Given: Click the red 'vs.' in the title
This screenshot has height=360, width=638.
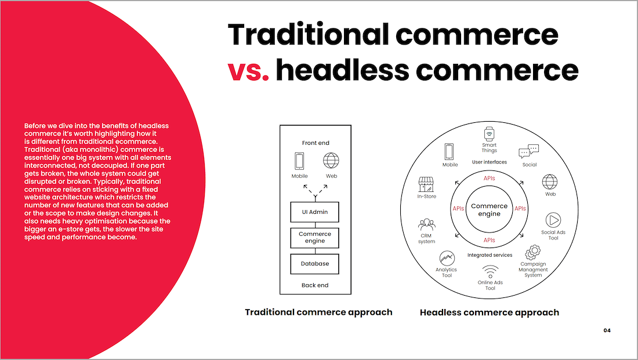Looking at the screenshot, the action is [x=248, y=70].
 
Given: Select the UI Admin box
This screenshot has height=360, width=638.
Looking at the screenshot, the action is [x=314, y=212].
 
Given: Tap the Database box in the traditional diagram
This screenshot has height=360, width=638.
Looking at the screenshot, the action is [x=314, y=264].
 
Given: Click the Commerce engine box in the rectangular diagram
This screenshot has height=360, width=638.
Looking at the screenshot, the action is [x=314, y=238].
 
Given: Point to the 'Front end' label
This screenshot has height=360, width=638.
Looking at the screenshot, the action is [x=316, y=143].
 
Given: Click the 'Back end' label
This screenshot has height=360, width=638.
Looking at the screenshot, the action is [x=315, y=285].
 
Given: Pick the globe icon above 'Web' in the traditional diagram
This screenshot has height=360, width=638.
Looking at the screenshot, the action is [x=331, y=160].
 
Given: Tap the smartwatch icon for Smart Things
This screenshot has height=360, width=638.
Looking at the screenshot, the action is [x=489, y=134].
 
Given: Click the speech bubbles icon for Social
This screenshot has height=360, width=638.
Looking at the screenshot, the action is [x=528, y=151].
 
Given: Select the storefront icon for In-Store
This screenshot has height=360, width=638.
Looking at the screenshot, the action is [x=426, y=184].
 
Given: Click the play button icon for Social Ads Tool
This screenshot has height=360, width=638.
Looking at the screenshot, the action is [x=553, y=220].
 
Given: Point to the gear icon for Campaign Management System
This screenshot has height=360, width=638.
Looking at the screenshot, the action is [x=532, y=252].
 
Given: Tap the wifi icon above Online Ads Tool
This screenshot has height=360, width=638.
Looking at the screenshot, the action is [x=490, y=271].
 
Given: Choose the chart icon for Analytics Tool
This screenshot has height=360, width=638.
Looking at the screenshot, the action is [x=447, y=259].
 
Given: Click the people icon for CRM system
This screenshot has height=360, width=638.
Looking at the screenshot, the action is [x=426, y=224].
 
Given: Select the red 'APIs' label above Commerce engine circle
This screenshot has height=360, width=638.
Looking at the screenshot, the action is [x=489, y=178].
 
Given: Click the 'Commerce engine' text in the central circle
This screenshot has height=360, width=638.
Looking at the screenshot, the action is [x=489, y=210].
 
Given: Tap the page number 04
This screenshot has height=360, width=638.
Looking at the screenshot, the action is [x=607, y=330].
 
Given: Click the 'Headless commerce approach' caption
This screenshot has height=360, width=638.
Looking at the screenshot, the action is [x=490, y=312].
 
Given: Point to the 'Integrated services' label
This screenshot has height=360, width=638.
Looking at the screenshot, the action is [x=490, y=255].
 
